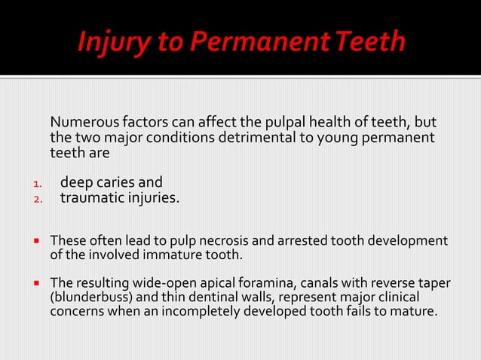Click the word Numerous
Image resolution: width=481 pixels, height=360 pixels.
[82, 123]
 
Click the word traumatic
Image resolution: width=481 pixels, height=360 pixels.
[91, 199]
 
